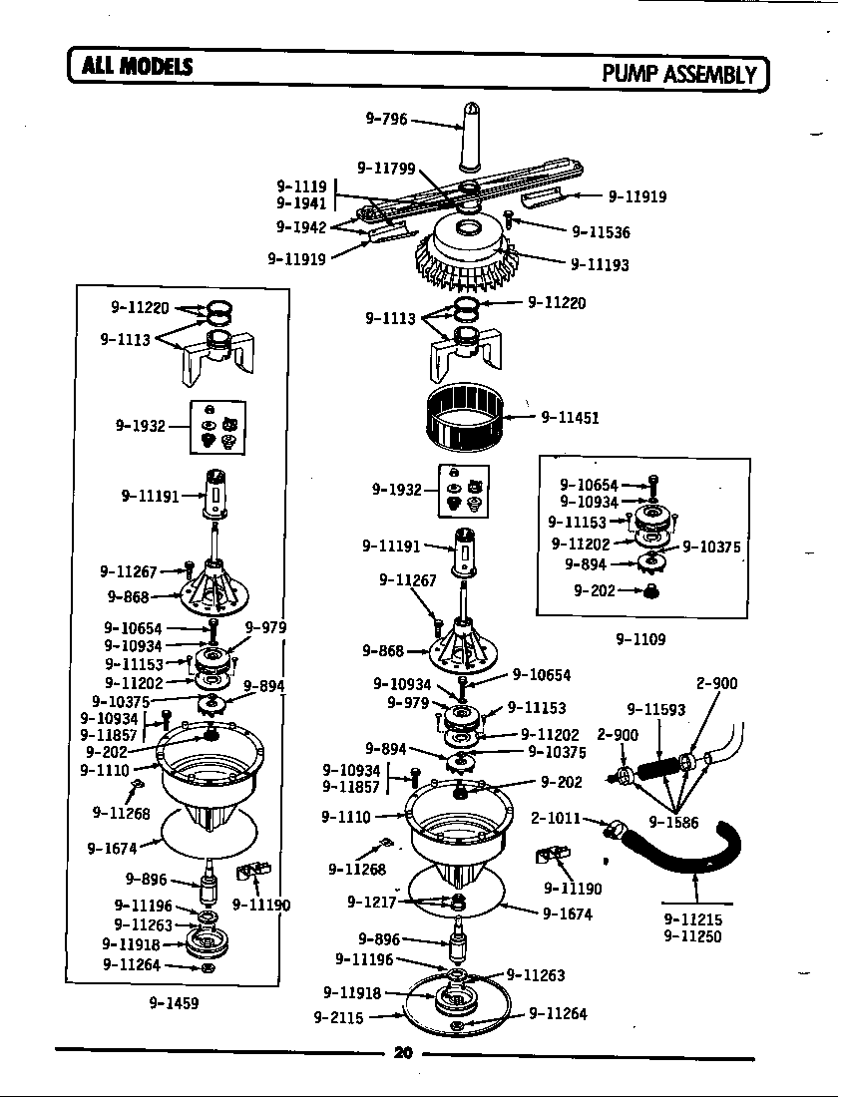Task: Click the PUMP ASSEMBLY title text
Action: (x=682, y=73)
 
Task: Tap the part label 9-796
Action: (x=386, y=119)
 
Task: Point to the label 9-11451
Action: (x=570, y=418)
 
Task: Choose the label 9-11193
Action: (x=600, y=265)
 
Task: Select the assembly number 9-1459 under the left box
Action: (x=174, y=1002)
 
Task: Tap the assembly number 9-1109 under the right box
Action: (x=640, y=638)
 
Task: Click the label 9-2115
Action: (x=336, y=1017)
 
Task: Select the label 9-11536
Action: (x=601, y=232)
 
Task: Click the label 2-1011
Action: (x=556, y=819)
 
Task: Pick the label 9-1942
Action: (x=300, y=227)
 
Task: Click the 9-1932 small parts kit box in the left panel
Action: (x=218, y=426)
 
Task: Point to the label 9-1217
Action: (x=371, y=902)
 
